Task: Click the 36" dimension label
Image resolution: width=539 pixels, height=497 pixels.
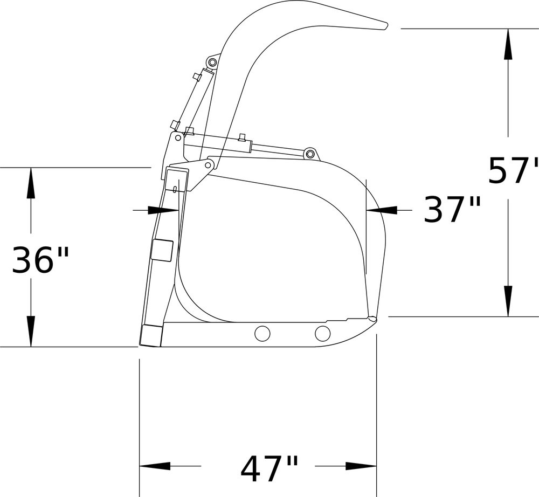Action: pyautogui.click(x=40, y=259)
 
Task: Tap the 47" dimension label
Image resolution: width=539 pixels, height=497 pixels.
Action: pyautogui.click(x=269, y=468)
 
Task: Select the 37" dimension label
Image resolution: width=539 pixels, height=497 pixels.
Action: pyautogui.click(x=452, y=209)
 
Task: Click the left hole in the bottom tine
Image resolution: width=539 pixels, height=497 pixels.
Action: pyautogui.click(x=262, y=333)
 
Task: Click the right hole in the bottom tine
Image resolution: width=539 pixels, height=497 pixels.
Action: pyautogui.click(x=322, y=333)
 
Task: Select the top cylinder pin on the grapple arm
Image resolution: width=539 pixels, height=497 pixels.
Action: pyautogui.click(x=212, y=63)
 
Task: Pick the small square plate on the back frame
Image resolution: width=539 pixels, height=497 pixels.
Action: pyautogui.click(x=162, y=250)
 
